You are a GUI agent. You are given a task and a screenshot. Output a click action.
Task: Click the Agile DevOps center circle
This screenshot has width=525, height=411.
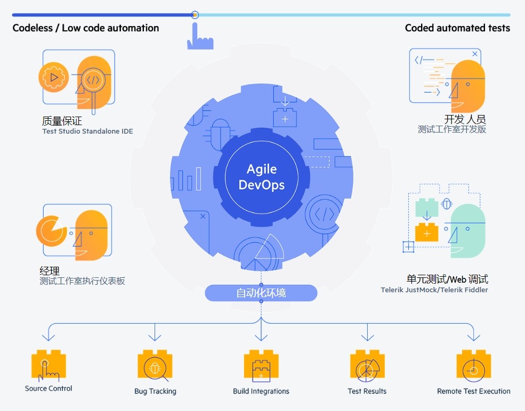coord(261,177)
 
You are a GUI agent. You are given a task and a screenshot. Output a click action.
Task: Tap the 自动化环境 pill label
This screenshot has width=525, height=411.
coord(261,293)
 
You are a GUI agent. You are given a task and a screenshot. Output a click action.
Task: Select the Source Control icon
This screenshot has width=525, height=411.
coord(48,366)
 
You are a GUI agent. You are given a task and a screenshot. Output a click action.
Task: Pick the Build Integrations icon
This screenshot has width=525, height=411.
coord(261,367)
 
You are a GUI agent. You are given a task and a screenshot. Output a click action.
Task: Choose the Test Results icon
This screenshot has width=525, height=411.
coord(367,367)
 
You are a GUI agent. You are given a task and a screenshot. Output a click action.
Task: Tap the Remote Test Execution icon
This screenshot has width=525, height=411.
coord(473,367)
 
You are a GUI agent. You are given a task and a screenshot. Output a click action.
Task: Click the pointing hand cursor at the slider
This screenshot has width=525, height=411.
coord(199,37)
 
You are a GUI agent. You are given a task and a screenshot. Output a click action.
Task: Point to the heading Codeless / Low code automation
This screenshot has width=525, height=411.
coord(86,28)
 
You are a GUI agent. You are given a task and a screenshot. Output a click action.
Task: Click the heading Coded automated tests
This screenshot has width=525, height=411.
coord(457,28)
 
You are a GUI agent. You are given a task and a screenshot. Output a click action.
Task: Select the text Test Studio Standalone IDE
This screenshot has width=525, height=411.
coord(87,131)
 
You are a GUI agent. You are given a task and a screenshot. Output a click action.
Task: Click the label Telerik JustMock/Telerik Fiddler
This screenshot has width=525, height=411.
coord(434,290)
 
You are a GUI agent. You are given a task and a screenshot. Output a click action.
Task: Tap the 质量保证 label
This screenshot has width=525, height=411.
coord(62,121)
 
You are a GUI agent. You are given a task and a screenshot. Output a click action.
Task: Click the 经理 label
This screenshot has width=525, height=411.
coord(50,270)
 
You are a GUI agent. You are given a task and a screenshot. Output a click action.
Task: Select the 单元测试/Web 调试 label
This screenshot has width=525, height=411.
coord(447,280)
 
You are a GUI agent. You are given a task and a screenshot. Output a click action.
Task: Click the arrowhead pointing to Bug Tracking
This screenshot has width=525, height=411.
coord(155,337)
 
